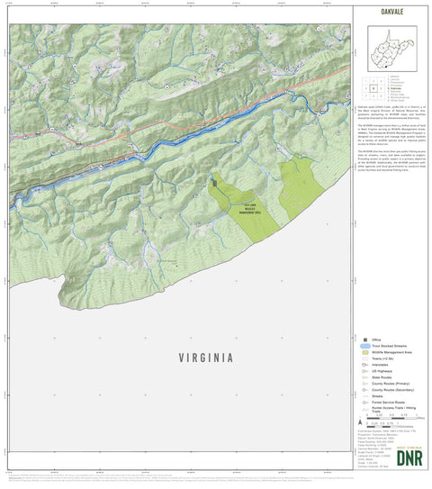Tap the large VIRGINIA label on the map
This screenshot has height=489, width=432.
click(x=193, y=357)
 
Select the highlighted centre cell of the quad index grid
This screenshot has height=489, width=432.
click(x=373, y=88)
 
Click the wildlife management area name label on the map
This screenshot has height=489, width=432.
click(x=249, y=208)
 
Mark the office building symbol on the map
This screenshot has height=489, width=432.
click(x=214, y=183)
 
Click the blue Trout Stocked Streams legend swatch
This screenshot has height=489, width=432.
click(x=366, y=347)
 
